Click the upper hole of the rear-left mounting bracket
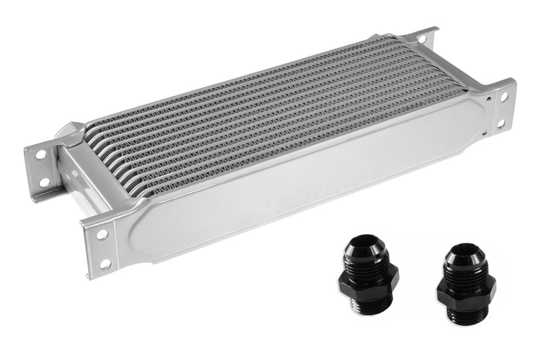[x=41, y=154]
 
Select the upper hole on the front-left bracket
[x=102, y=234]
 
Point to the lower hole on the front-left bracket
[x=105, y=263]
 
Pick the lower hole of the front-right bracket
[x=500, y=122]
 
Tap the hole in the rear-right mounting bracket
[x=422, y=39]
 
